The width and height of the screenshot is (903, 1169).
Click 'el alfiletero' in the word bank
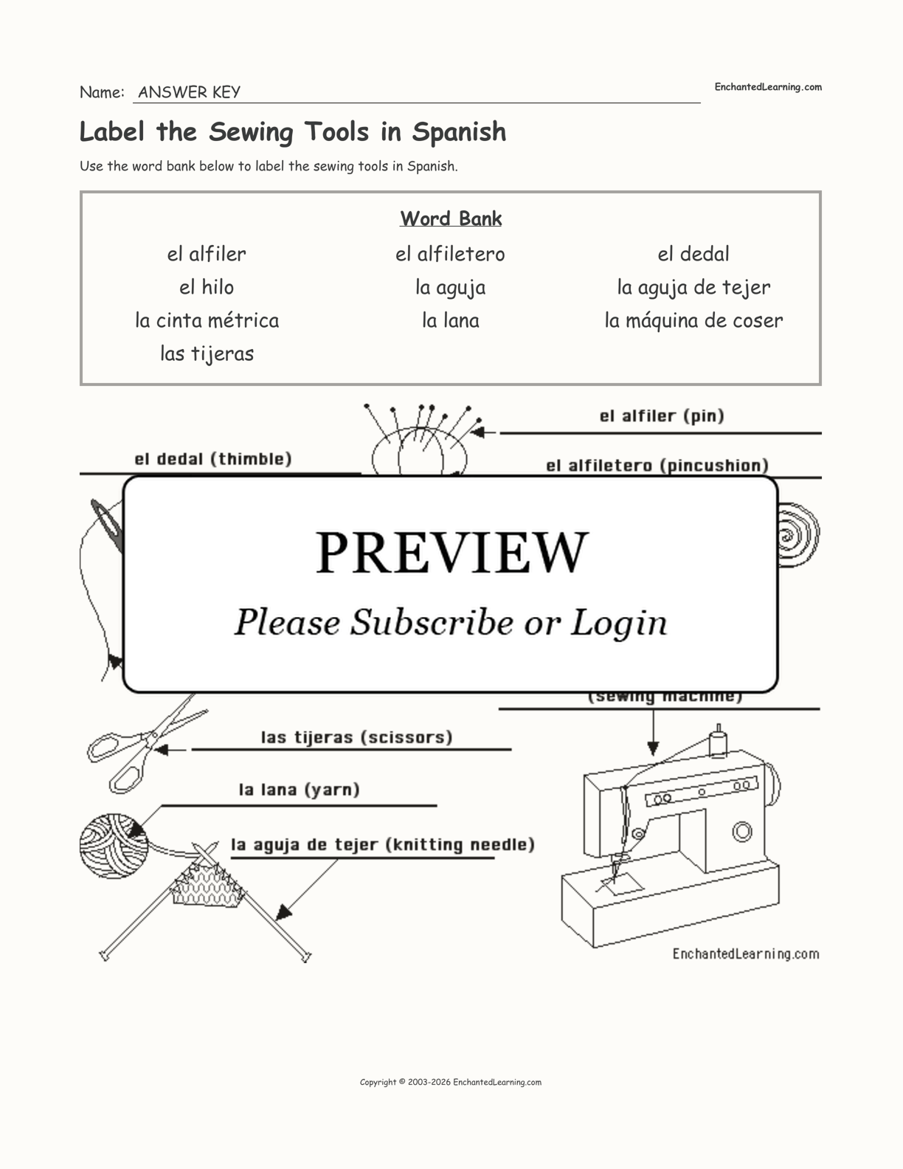pos(450,254)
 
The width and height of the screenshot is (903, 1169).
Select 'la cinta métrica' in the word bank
pos(207,320)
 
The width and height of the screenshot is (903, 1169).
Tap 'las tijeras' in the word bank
pos(207,354)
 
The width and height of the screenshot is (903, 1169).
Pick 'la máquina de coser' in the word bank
pos(693,320)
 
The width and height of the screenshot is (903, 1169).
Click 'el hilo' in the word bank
pos(207,287)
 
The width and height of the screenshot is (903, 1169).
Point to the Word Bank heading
pos(451,218)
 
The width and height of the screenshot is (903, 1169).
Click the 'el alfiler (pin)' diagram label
pos(662,416)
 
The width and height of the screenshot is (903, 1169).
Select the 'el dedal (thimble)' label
pos(213,459)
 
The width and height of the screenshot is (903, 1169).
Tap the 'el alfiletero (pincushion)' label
pos(657,466)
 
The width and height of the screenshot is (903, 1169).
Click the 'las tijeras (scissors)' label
pos(357,737)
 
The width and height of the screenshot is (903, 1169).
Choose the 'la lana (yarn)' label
pos(299,790)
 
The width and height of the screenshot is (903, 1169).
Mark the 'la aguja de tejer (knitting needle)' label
pos(383,844)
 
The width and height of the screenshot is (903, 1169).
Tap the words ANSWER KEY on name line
pos(189,92)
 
